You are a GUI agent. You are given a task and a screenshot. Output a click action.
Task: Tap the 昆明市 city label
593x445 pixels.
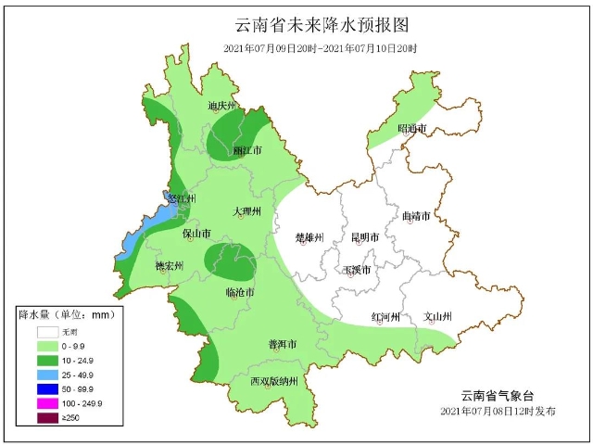click(x=364, y=238)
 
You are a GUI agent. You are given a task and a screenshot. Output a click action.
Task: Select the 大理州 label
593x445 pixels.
click(x=247, y=212)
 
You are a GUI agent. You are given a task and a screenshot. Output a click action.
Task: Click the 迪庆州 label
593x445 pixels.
click(x=223, y=107)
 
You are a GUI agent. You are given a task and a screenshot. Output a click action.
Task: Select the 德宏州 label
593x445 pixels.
click(x=169, y=266)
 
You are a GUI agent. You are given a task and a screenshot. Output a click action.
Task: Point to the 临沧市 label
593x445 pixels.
click(x=240, y=292)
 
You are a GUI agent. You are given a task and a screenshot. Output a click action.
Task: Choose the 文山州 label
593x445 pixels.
click(x=437, y=317)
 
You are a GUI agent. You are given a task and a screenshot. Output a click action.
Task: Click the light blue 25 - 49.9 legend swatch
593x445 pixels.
click(x=46, y=374)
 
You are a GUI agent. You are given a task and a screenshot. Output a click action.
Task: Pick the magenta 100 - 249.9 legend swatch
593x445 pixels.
click(x=46, y=403)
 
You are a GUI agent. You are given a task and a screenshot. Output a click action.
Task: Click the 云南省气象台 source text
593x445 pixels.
click(x=501, y=395)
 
